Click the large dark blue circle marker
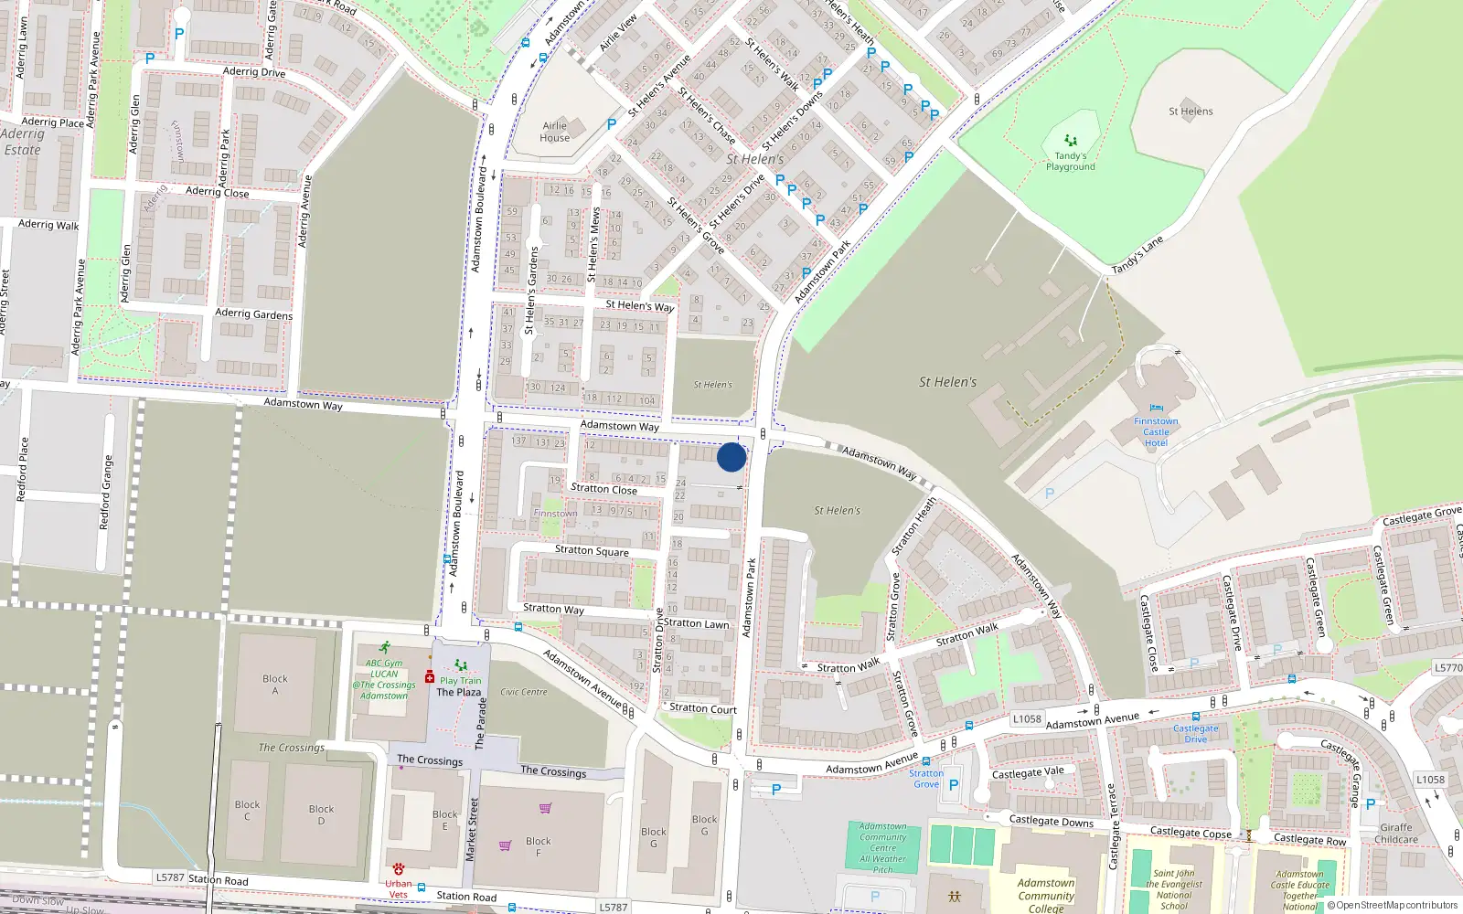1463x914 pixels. click(731, 457)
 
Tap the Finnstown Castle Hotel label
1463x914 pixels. click(1156, 432)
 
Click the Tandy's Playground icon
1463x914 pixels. click(1071, 141)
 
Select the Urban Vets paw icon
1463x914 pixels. click(399, 868)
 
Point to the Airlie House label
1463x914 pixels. click(555, 133)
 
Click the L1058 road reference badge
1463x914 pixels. click(1027, 719)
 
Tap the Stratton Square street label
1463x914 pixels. click(592, 551)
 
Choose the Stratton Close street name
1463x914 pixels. click(603, 489)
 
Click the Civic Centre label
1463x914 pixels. click(524, 692)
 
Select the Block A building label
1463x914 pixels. click(274, 685)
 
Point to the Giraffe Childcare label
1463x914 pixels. click(1396, 834)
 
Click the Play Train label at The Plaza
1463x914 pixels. click(460, 681)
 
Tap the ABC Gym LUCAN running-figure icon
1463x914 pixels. click(385, 647)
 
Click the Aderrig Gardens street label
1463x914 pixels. click(253, 314)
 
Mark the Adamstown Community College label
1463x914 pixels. click(1046, 896)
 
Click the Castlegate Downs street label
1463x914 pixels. click(1051, 821)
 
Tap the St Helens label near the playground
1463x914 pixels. click(1191, 112)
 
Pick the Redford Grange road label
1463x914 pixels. click(107, 493)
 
